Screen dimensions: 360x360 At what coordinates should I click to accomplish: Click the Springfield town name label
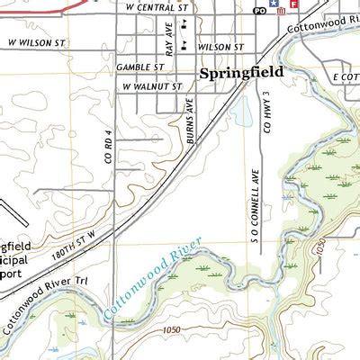pyautogui.click(x=240, y=72)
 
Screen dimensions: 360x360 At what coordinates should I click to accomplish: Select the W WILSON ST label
pyautogui.click(x=40, y=40)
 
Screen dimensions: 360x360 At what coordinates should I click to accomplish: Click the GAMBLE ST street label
pyautogui.click(x=139, y=66)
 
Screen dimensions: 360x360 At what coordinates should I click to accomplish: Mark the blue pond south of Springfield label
pyautogui.click(x=242, y=111)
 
